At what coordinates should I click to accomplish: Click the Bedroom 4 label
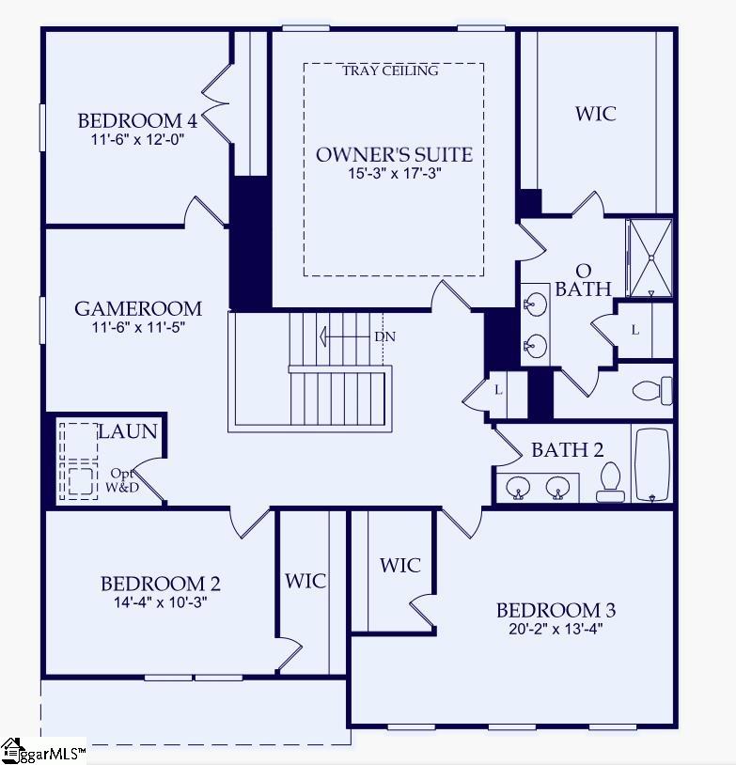click(x=137, y=120)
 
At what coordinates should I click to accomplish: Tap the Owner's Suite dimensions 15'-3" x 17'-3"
click(x=394, y=173)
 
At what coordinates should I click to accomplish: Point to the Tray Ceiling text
click(x=390, y=70)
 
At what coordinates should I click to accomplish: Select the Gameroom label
click(x=138, y=308)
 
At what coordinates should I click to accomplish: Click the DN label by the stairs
click(x=384, y=336)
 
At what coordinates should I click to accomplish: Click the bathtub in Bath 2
click(x=651, y=465)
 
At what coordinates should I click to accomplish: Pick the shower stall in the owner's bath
click(x=650, y=258)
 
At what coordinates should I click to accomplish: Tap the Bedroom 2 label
click(x=160, y=584)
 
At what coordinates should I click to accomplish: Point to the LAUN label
click(x=128, y=431)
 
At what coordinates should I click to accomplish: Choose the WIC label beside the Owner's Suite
click(x=596, y=114)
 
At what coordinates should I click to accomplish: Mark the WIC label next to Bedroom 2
click(x=305, y=581)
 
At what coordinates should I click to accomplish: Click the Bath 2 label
click(x=567, y=450)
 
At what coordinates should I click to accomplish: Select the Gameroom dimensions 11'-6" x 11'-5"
click(x=138, y=328)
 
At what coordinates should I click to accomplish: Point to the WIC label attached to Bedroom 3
click(x=400, y=565)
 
